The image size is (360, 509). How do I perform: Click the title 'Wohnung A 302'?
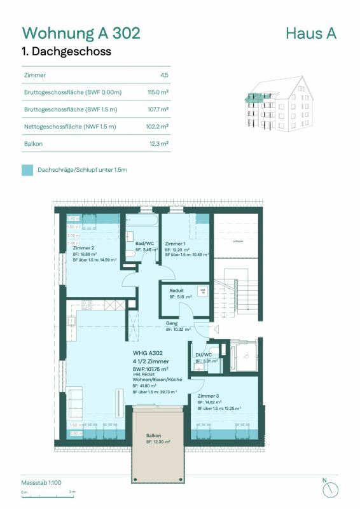[81, 32]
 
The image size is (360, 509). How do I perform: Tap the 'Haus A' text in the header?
[311, 32]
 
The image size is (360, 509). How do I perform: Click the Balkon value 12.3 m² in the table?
[158, 144]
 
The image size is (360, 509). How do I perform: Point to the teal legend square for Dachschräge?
[27, 171]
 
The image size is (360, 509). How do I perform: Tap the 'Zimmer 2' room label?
[83, 248]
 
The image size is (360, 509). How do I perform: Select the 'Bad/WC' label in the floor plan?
[144, 243]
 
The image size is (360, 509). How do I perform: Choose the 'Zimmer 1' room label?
[175, 244]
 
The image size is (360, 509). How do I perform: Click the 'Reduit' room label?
[176, 289]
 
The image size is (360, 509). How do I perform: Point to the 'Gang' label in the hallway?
[171, 323]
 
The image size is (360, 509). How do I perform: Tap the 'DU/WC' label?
[204, 354]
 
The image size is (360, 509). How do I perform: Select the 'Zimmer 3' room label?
[208, 395]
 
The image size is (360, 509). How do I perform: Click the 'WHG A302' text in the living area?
[148, 352]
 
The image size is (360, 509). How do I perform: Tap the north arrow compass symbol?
[329, 489]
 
